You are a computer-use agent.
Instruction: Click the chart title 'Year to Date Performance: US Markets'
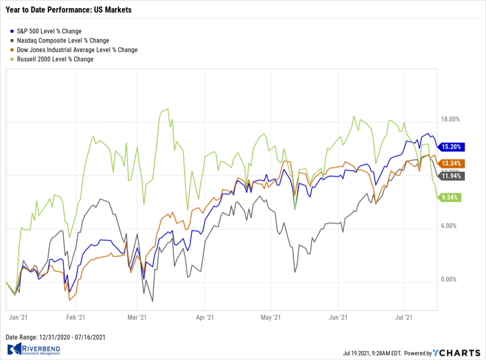click(68, 9)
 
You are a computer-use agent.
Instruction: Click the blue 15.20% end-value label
click(451, 147)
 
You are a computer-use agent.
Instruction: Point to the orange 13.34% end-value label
click(451, 163)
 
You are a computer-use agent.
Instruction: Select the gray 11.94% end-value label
click(451, 176)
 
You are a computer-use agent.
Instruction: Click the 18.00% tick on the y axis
click(451, 119)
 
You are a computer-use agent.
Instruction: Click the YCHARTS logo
click(457, 353)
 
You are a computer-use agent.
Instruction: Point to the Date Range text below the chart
click(55, 337)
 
